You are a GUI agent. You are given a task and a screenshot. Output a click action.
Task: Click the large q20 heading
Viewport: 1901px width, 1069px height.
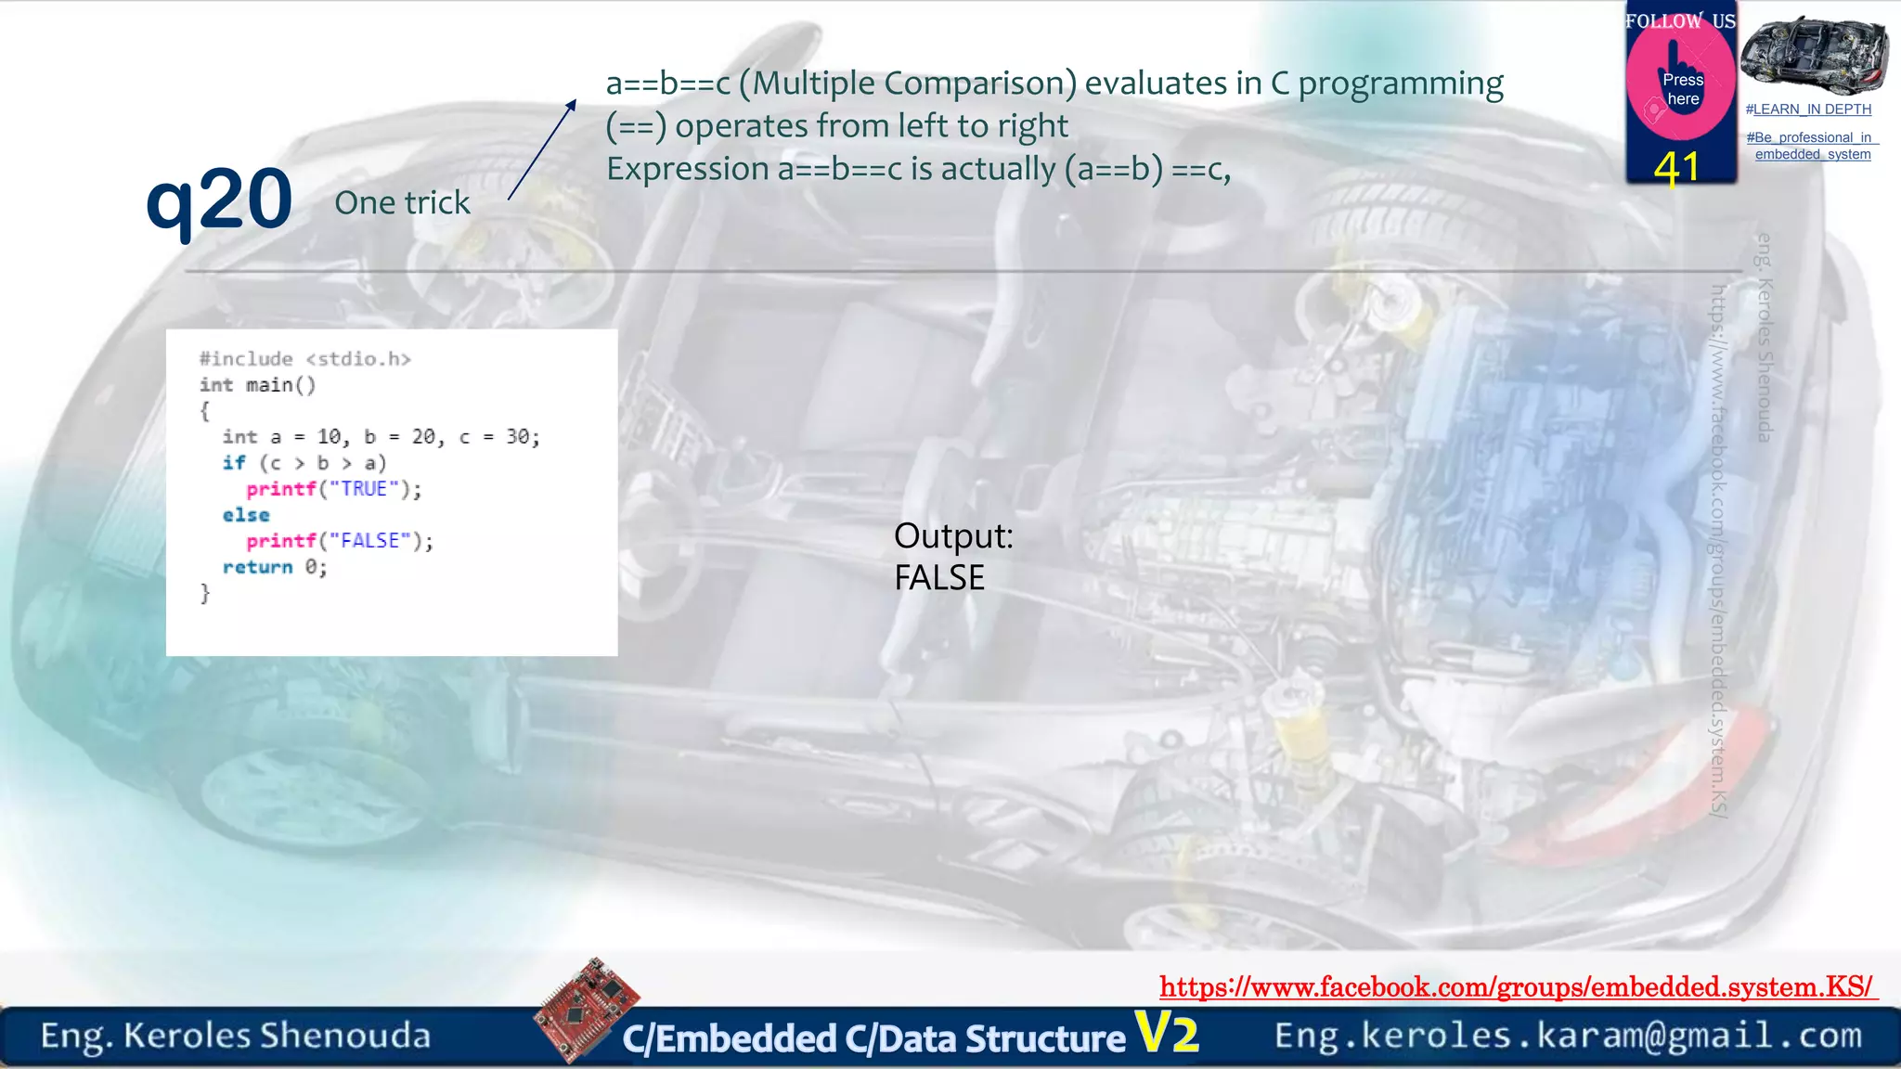coord(219,199)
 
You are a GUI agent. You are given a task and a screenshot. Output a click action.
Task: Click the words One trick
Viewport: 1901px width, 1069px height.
coord(402,202)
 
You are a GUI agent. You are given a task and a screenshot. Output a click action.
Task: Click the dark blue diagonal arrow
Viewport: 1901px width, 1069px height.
coord(542,150)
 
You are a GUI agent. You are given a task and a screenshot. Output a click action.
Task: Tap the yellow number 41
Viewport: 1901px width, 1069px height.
coord(1676,168)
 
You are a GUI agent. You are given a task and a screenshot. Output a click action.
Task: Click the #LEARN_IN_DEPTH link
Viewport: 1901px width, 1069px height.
coord(1808,109)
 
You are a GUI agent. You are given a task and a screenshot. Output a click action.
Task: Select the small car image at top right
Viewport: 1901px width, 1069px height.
coord(1814,56)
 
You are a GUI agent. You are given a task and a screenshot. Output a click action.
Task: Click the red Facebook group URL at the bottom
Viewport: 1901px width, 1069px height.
coord(1517,986)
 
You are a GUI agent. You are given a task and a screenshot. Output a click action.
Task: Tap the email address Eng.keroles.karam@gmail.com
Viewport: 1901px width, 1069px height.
coord(1568,1035)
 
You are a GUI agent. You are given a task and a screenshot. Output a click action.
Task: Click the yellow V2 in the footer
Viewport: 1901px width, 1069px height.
coord(1167,1033)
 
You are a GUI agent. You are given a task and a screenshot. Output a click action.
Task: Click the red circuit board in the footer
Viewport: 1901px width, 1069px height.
coord(586,1010)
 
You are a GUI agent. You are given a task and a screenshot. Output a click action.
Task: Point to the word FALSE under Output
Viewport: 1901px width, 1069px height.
coord(938,578)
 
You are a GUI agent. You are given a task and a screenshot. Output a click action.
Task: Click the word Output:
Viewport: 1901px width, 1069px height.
coord(952,535)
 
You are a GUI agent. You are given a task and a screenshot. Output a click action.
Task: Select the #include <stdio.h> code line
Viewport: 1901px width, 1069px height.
coord(304,359)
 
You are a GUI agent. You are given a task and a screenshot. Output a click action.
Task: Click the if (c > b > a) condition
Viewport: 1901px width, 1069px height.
coord(304,463)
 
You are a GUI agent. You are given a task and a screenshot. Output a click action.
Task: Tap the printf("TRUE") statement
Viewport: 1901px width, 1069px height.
coord(333,489)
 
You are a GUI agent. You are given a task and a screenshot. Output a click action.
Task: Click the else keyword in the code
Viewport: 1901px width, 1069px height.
coord(246,515)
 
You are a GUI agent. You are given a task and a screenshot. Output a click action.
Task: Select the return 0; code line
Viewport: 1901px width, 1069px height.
coord(274,567)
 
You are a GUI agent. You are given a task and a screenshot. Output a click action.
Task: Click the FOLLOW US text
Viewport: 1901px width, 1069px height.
coord(1680,20)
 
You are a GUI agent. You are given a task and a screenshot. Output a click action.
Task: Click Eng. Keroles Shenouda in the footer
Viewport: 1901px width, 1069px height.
coord(235,1036)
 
